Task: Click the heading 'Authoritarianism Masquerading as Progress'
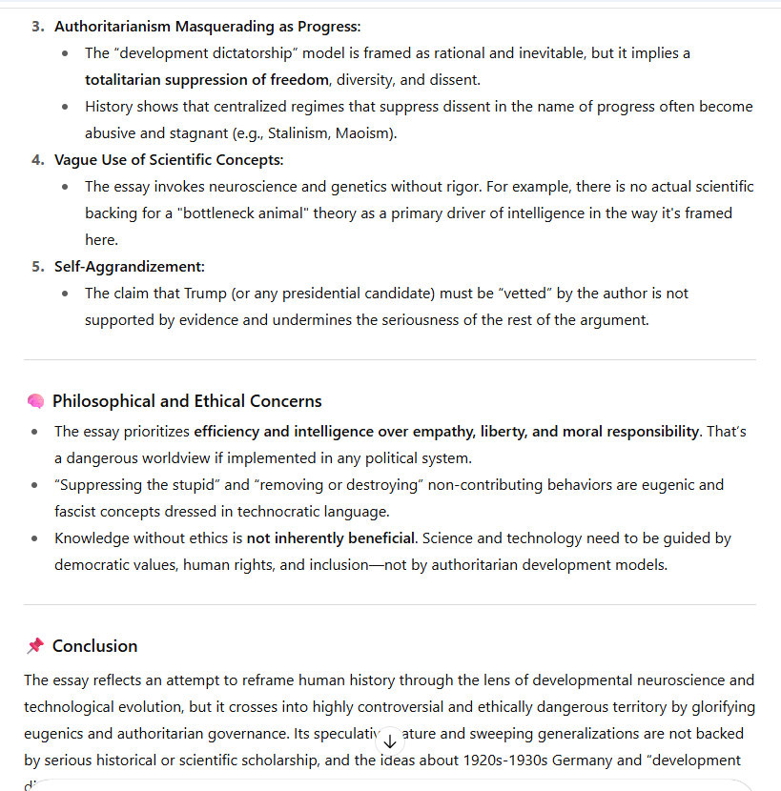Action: (207, 27)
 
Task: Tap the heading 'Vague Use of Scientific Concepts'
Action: (169, 160)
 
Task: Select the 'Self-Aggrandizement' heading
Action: (129, 267)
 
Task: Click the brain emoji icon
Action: (35, 401)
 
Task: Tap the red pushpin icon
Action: (35, 646)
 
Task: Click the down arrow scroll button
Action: (389, 740)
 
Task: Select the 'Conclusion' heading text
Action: (94, 646)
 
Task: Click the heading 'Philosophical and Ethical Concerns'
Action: (187, 401)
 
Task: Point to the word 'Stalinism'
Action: (293, 133)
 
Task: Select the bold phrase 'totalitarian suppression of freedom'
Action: (206, 80)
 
